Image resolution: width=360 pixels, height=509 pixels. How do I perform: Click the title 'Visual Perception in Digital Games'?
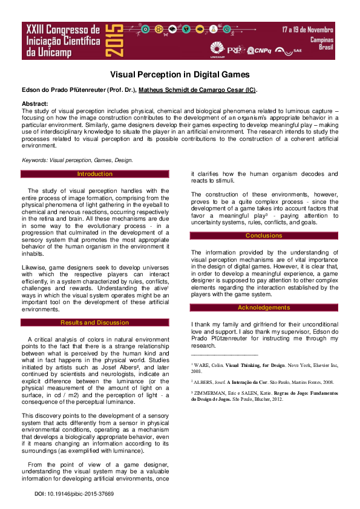point(180,74)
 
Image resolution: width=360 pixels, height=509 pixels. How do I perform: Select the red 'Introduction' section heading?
point(95,174)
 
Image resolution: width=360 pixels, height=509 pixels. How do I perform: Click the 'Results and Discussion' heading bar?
point(95,323)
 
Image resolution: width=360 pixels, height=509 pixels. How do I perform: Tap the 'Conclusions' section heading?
point(264,236)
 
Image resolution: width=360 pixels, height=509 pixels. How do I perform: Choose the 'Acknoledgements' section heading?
point(264,308)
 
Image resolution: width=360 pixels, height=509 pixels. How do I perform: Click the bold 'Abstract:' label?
point(34,104)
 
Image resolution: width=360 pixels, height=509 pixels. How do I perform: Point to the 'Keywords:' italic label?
point(34,160)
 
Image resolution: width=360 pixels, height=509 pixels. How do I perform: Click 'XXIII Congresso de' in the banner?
point(61,29)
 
